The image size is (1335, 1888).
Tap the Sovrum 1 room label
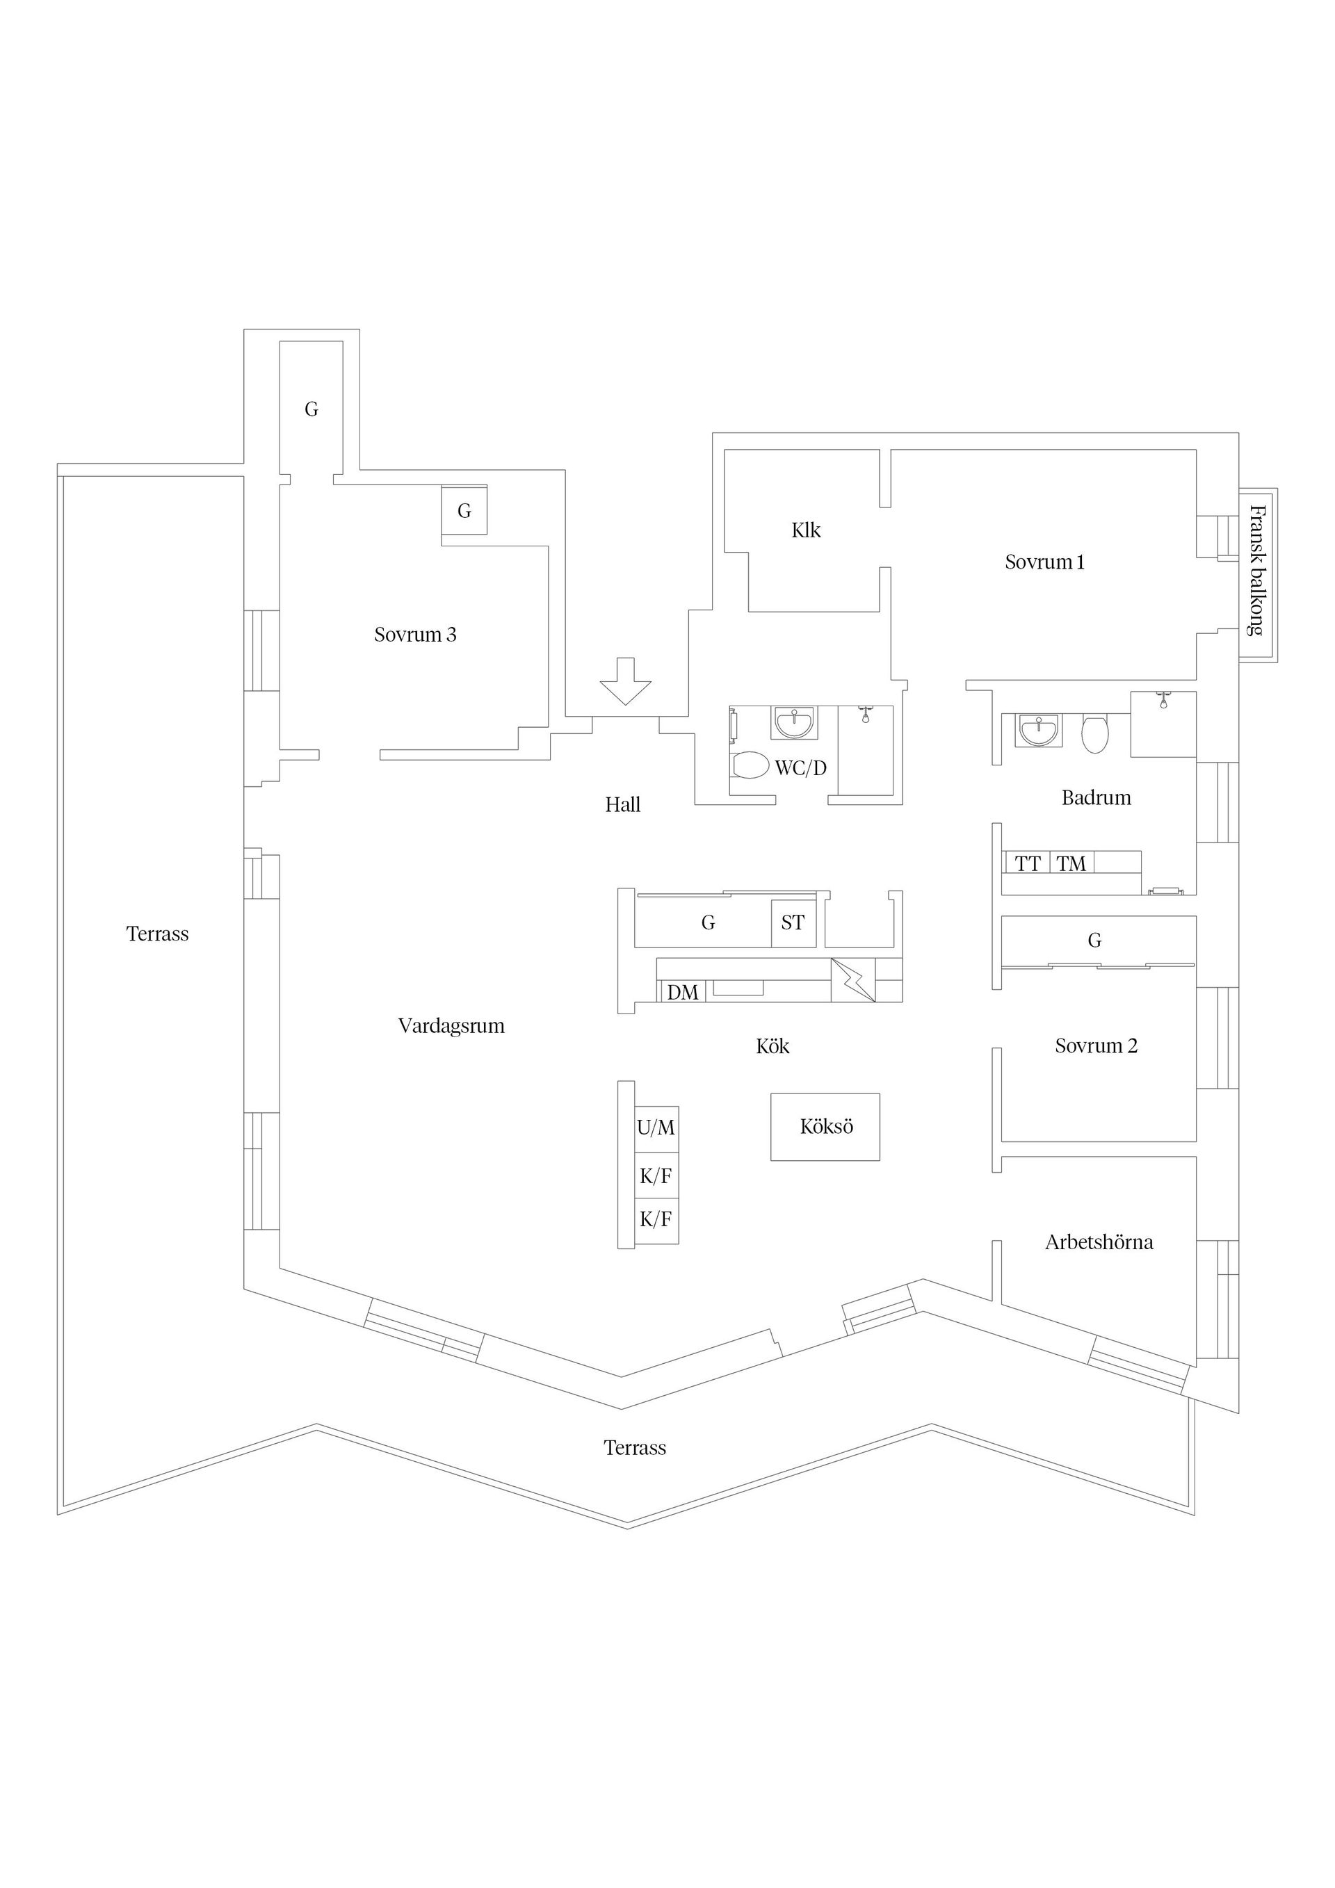coord(1044,562)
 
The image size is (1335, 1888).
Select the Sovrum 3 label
coord(415,635)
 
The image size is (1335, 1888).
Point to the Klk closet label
coord(806,530)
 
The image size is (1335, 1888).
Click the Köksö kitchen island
coord(825,1128)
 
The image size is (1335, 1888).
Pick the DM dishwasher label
coord(683,993)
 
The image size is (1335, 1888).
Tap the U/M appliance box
coord(656,1129)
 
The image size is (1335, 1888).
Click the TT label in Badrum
coord(1028,864)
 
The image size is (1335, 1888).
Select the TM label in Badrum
coord(1071,864)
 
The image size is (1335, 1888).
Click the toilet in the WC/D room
coord(750,765)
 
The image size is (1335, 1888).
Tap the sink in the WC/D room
coord(794,723)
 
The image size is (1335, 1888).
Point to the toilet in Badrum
coord(1095,734)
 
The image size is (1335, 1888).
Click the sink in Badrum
coord(1039,730)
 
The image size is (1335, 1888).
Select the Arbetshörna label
coord(1099,1242)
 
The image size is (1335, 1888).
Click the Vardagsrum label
coord(451,1026)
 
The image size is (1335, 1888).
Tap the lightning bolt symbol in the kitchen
coord(854,980)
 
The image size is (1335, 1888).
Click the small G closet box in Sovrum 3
coord(464,511)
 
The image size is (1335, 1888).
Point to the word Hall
coord(623,805)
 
